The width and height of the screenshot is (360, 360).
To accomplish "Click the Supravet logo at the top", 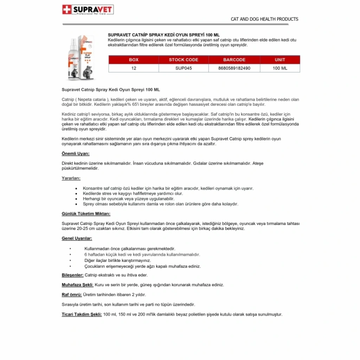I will click(88, 9).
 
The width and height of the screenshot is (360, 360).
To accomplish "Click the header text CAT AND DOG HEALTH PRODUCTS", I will click(264, 19).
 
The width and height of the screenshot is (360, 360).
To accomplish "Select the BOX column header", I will click(134, 60).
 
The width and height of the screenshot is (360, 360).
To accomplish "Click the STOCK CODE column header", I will click(184, 60).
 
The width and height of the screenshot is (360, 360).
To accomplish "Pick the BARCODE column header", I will click(234, 60).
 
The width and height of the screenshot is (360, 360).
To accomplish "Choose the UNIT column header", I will click(280, 60).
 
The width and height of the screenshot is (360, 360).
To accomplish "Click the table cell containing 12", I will click(134, 68).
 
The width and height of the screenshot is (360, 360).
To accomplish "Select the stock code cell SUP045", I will click(184, 68).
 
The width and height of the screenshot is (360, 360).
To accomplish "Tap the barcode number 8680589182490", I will click(234, 68).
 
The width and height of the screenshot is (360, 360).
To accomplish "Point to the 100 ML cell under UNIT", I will click(280, 68).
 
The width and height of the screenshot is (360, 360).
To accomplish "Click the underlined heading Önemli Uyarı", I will click(76, 154).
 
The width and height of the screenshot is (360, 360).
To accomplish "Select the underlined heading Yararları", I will click(71, 178).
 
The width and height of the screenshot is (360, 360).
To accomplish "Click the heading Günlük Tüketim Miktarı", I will click(86, 214).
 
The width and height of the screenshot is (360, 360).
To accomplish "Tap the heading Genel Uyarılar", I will click(77, 238).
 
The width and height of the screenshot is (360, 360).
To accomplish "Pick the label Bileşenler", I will click(72, 275).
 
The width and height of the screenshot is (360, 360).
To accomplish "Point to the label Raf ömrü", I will click(72, 295).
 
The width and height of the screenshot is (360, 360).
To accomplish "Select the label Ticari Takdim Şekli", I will click(82, 314).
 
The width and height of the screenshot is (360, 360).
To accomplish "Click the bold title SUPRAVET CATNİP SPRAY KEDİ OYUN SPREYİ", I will click(163, 35).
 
